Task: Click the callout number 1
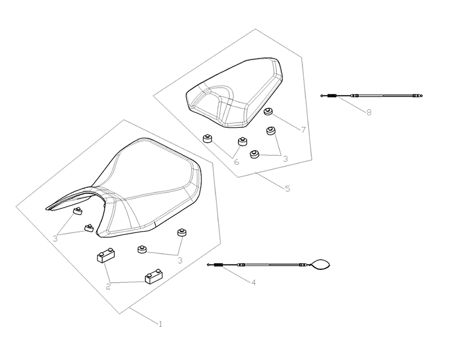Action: coord(160,324)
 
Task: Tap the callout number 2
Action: coord(108,286)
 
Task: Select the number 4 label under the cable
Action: coord(254,282)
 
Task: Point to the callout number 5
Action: coord(287,188)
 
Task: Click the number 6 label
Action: coord(236,161)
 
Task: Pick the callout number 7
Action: coord(303,130)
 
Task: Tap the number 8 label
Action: coord(369,112)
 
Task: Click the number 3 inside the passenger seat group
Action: coord(285,159)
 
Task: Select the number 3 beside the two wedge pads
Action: coord(55,238)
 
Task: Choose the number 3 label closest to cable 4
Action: coord(180,260)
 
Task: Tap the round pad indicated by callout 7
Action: coord(268,112)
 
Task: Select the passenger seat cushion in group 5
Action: coord(235,92)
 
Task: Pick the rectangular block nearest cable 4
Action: coord(154,276)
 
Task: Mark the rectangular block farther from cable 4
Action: coord(106,255)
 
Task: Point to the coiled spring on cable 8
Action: coord(332,96)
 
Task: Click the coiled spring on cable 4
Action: coord(219,265)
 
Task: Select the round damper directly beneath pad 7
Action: coord(271,131)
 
